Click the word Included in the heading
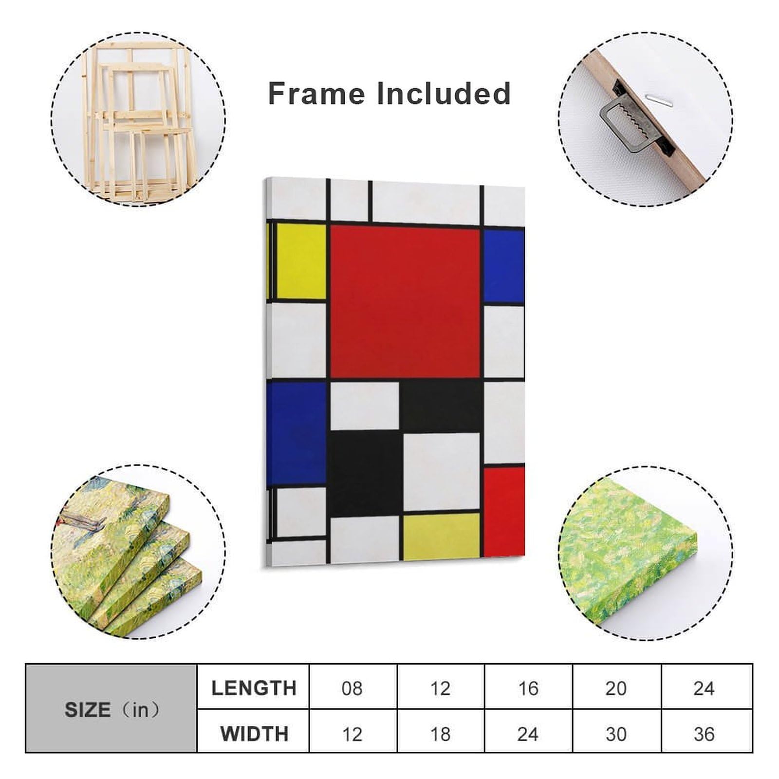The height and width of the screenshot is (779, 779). point(443,93)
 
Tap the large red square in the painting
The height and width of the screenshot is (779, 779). point(405,301)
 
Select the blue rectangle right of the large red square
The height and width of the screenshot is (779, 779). point(504,266)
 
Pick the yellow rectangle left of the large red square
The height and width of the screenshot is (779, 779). point(300,261)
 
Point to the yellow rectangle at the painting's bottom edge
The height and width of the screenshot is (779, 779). point(441,536)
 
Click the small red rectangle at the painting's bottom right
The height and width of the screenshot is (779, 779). point(504,511)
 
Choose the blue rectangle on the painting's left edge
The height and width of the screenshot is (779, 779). point(296,433)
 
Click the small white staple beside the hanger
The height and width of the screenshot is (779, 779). point(657,100)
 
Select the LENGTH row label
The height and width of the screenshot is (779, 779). point(254,688)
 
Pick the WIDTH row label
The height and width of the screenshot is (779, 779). point(254,734)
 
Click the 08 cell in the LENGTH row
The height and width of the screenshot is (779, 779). point(352,688)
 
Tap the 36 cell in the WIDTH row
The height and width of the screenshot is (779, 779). point(704,734)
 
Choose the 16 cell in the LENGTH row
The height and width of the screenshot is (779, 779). point(528,688)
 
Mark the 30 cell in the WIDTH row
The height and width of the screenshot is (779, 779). point(616,734)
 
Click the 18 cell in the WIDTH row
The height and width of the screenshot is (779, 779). point(440,734)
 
